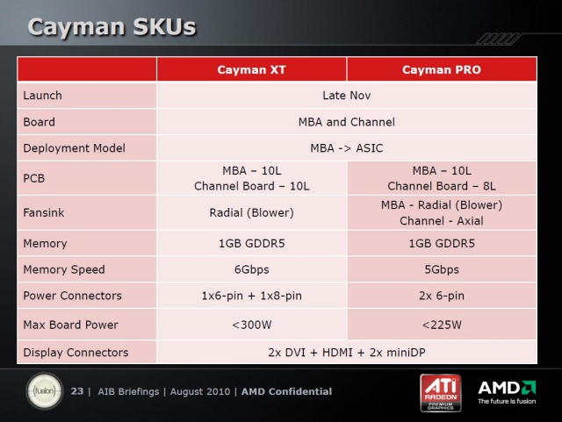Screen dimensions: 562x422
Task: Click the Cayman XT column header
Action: click(251, 69)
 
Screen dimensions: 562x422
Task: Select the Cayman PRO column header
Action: click(441, 69)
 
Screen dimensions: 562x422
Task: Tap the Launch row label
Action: click(43, 96)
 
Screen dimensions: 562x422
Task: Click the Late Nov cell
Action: click(347, 96)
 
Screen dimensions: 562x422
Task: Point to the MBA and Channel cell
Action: click(347, 122)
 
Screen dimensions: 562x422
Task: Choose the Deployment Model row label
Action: click(74, 148)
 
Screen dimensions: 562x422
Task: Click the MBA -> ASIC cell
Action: click(347, 148)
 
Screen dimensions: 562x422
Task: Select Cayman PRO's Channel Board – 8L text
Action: click(442, 186)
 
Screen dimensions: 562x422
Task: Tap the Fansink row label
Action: click(44, 212)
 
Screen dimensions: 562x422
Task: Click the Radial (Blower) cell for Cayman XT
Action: click(252, 212)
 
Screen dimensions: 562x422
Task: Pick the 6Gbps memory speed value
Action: click(252, 269)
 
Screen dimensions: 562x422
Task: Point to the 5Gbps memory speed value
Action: click(442, 269)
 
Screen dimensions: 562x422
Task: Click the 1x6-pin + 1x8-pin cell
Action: click(252, 296)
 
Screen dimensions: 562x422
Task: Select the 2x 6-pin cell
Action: click(442, 296)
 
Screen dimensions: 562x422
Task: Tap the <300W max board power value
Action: click(252, 325)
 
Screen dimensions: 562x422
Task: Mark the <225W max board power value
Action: click(442, 325)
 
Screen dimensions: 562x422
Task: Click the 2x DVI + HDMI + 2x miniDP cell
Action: click(347, 353)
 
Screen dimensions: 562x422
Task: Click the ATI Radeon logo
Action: click(441, 393)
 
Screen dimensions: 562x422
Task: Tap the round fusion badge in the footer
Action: click(45, 390)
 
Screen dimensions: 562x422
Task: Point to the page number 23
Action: click(77, 390)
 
